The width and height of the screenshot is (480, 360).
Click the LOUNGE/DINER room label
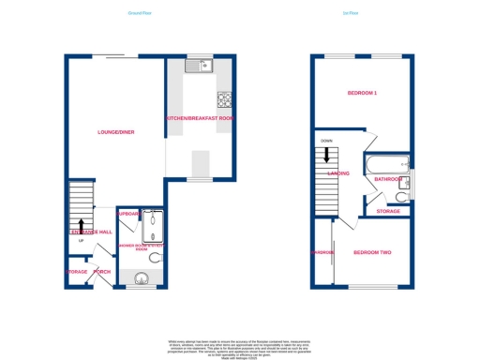coord(116,132)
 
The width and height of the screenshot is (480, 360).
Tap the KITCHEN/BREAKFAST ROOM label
coord(201,119)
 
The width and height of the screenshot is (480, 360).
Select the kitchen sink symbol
coord(200,66)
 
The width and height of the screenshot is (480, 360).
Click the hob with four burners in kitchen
coord(225,99)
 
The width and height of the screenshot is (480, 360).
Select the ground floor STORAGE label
coord(76,273)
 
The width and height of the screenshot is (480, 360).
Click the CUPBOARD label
coord(127,214)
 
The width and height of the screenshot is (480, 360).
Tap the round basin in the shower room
coord(141,277)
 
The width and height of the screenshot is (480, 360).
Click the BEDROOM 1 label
coord(362,94)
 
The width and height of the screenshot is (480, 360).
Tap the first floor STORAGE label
coord(388,211)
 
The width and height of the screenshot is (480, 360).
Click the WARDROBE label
coord(322,252)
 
